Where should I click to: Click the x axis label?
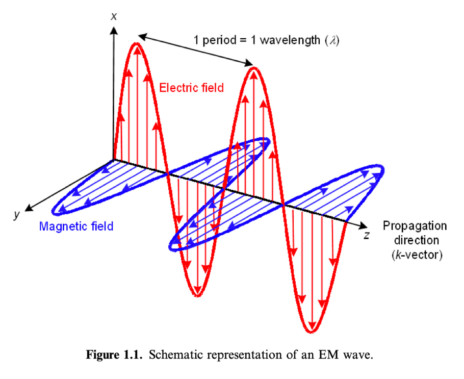point(114,16)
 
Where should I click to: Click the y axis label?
point(17,214)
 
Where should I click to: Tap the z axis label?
point(367,235)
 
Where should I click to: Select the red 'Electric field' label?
point(191,88)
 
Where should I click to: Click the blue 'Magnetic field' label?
point(76,226)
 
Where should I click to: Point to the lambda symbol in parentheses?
point(332,40)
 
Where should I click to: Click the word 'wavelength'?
point(290,40)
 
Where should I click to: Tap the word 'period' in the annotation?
point(219,40)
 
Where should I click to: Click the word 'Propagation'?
point(415,226)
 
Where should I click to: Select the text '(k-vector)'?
point(417,255)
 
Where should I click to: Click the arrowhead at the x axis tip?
point(114,30)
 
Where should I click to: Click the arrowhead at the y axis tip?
point(29,208)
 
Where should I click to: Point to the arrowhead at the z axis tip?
point(363,226)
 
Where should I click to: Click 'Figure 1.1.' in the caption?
point(114,355)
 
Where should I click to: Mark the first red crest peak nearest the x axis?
point(137,44)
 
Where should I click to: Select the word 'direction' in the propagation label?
point(417,240)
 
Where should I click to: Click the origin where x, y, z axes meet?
point(113,160)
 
